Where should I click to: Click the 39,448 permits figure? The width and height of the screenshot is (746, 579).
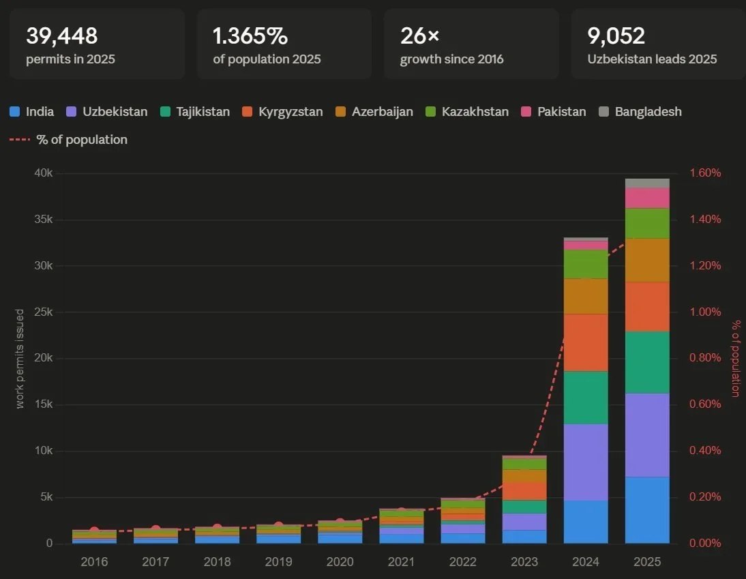tap(62, 35)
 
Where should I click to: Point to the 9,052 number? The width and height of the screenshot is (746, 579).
tap(616, 35)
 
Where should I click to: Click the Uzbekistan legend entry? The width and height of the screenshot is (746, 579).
tap(107, 112)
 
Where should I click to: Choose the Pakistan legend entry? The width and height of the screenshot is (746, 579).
tap(553, 112)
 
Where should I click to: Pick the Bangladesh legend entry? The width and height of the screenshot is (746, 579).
tap(640, 112)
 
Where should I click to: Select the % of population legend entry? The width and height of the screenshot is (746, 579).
tap(69, 140)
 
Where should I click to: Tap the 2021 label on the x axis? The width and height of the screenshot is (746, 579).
tap(401, 562)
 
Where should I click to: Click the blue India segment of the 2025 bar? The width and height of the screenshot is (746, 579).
tap(647, 510)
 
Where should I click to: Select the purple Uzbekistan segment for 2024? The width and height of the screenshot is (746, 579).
tap(586, 462)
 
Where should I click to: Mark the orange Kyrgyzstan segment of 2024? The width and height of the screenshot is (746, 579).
tap(586, 342)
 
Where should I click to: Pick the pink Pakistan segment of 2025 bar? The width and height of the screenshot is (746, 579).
tap(647, 198)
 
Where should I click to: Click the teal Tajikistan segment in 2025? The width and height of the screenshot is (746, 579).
tap(647, 362)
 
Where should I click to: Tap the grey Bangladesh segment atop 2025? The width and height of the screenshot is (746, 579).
tap(647, 183)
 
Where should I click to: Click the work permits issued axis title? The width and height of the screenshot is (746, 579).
tap(20, 359)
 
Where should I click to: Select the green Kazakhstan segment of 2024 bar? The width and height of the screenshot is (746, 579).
tap(586, 264)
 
